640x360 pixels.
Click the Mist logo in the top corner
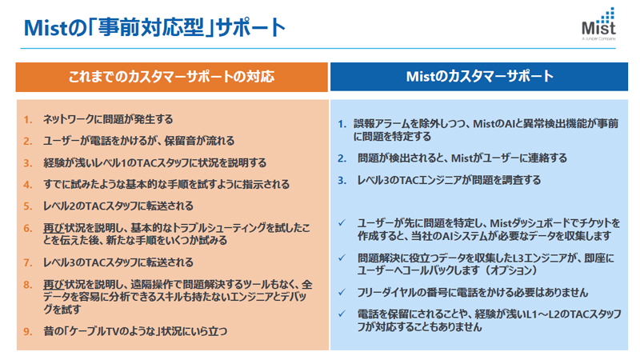tap(598, 24)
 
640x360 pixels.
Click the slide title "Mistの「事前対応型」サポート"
tap(154, 27)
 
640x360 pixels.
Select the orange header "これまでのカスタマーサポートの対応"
tap(171, 76)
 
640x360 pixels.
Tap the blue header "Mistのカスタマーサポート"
tap(479, 76)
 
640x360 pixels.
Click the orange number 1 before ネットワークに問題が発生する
tap(28, 119)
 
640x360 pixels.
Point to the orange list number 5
tap(28, 206)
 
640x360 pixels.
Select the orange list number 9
tap(28, 331)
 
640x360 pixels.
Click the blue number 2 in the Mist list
tap(342, 158)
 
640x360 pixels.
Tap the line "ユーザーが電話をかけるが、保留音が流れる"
tap(138, 141)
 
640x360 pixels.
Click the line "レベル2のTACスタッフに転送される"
tap(118, 206)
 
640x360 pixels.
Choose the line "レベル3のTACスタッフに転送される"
tap(118, 262)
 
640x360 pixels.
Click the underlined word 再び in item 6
tap(54, 228)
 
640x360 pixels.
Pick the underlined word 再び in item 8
tap(54, 284)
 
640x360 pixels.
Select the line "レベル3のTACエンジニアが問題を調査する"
tap(449, 180)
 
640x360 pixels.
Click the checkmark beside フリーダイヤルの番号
tap(342, 292)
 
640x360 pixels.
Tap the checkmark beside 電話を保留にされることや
tap(342, 314)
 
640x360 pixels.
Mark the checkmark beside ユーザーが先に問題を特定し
tap(342, 223)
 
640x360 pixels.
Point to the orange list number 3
tap(28, 163)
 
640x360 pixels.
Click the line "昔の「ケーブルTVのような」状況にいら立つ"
tap(135, 331)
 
